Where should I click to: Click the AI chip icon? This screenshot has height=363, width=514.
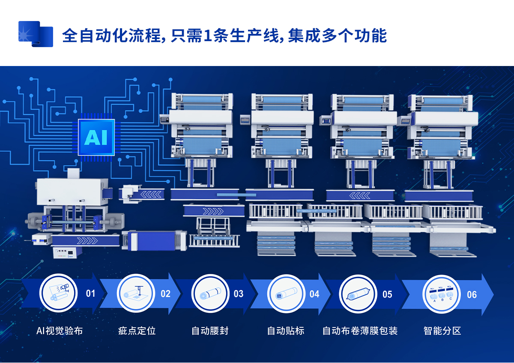(x=96, y=137)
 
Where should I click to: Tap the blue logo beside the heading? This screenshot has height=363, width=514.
(x=36, y=34)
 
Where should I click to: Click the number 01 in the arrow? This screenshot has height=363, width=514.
(x=90, y=294)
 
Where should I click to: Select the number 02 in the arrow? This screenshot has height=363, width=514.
(x=165, y=294)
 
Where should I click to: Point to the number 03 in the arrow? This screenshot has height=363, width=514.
(x=239, y=294)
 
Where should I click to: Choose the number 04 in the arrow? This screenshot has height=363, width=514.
(x=314, y=294)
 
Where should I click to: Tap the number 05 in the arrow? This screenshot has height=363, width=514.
(x=387, y=294)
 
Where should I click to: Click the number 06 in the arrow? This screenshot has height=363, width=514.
(x=472, y=294)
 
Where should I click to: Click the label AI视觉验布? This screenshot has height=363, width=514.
(x=60, y=331)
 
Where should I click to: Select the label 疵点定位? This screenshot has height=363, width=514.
(x=137, y=331)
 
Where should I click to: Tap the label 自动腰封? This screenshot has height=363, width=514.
(x=210, y=331)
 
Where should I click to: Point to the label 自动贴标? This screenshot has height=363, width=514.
(x=286, y=331)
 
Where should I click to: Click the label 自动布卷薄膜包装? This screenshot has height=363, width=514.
(x=360, y=331)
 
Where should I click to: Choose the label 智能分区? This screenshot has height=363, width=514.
(x=442, y=331)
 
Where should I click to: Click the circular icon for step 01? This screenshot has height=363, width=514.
(x=59, y=293)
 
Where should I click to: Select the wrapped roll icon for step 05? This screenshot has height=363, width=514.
(x=358, y=294)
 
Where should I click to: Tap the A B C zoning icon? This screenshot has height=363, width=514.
(x=442, y=294)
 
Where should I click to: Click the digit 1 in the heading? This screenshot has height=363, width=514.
(x=207, y=36)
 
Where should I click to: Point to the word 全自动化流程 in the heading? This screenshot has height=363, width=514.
(x=112, y=36)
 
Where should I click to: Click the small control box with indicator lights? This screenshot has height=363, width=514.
(x=68, y=252)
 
